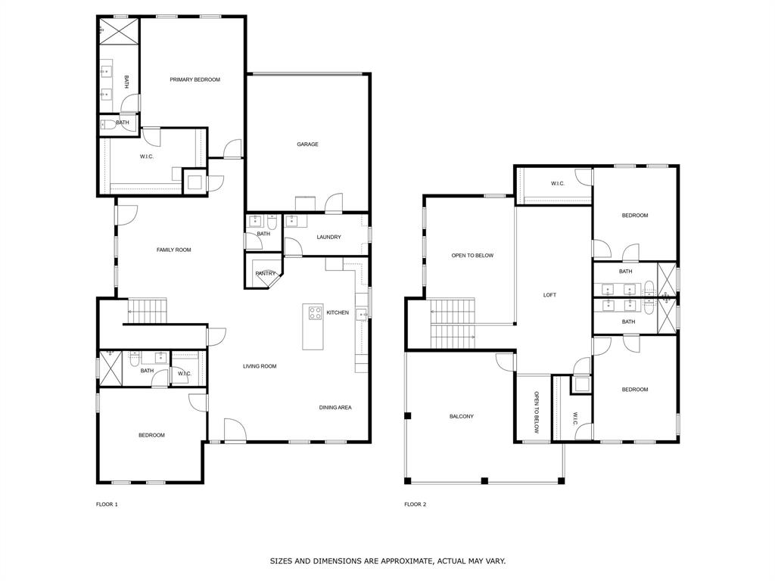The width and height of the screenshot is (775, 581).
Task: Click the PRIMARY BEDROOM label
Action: (195, 79)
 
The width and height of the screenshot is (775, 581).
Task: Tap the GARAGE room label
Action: (307, 144)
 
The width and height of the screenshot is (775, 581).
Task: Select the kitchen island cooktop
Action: (313, 312)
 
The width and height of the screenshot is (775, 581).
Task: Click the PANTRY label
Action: (265, 273)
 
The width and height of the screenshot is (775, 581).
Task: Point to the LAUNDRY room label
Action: (328, 237)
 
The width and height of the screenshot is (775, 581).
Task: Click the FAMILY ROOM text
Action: (173, 250)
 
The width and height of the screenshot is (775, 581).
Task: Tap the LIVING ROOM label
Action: (260, 366)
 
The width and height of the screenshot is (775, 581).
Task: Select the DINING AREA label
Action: (335, 407)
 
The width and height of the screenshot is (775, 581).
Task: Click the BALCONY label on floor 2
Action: (462, 416)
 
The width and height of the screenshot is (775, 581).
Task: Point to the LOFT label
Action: (549, 295)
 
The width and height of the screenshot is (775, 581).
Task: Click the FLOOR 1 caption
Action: (107, 504)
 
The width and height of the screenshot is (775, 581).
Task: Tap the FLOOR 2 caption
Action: (415, 504)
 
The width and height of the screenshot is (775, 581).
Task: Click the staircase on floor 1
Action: (146, 310)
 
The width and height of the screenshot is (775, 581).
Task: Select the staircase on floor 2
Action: (451, 324)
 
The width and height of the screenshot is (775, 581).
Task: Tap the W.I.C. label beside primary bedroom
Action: (147, 157)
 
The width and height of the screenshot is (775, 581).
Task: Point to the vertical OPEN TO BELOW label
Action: (536, 412)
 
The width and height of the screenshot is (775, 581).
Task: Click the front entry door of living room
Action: (235, 431)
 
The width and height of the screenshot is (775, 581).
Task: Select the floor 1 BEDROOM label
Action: (151, 435)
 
